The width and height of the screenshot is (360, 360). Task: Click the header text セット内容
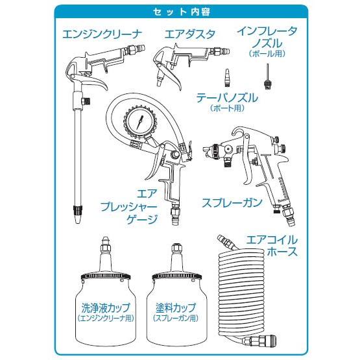180,12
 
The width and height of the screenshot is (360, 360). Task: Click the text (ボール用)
266,54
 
